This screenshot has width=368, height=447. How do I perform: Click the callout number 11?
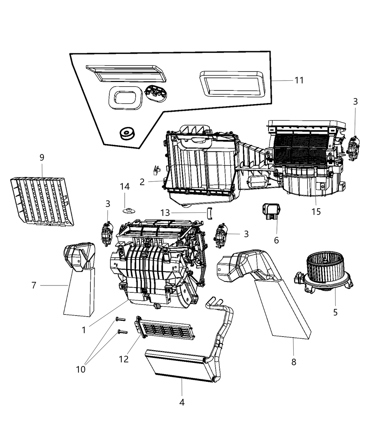tap(299, 80)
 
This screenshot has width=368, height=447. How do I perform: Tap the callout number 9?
tap(42, 157)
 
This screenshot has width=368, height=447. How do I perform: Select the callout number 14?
tap(125, 187)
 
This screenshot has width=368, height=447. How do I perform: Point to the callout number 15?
tap(316, 212)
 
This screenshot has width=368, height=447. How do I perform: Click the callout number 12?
tap(124, 359)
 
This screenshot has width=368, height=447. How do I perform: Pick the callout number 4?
tap(182, 402)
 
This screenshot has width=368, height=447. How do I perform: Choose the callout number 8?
tap(294, 362)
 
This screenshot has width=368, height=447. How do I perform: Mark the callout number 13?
tap(165, 213)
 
